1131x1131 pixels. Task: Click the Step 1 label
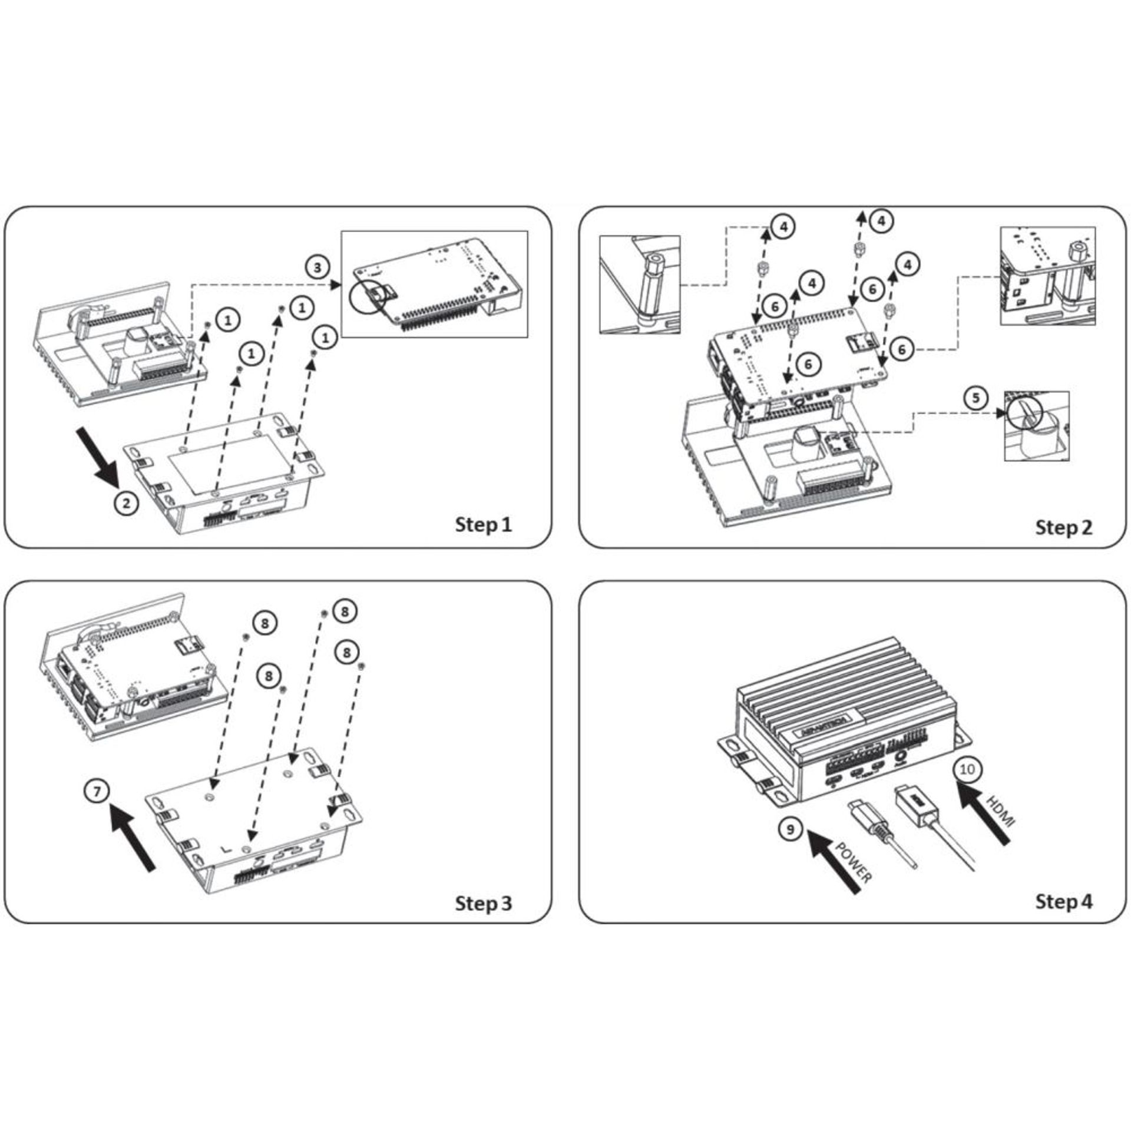(x=483, y=524)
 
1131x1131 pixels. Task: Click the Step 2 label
(x=1063, y=527)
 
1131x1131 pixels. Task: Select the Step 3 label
(x=483, y=903)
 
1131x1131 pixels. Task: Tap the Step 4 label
(x=1063, y=901)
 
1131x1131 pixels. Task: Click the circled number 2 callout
(x=126, y=503)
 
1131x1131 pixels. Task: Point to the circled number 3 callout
(x=318, y=267)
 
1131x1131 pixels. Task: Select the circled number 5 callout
(x=976, y=398)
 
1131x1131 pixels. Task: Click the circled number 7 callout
(x=97, y=791)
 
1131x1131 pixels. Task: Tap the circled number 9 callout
(x=791, y=829)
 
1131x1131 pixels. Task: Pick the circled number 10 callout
(x=967, y=769)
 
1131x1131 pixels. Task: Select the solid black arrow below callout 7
(x=134, y=838)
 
